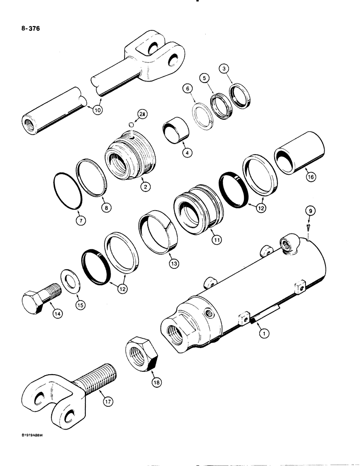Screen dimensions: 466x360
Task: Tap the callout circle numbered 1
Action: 264,333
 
